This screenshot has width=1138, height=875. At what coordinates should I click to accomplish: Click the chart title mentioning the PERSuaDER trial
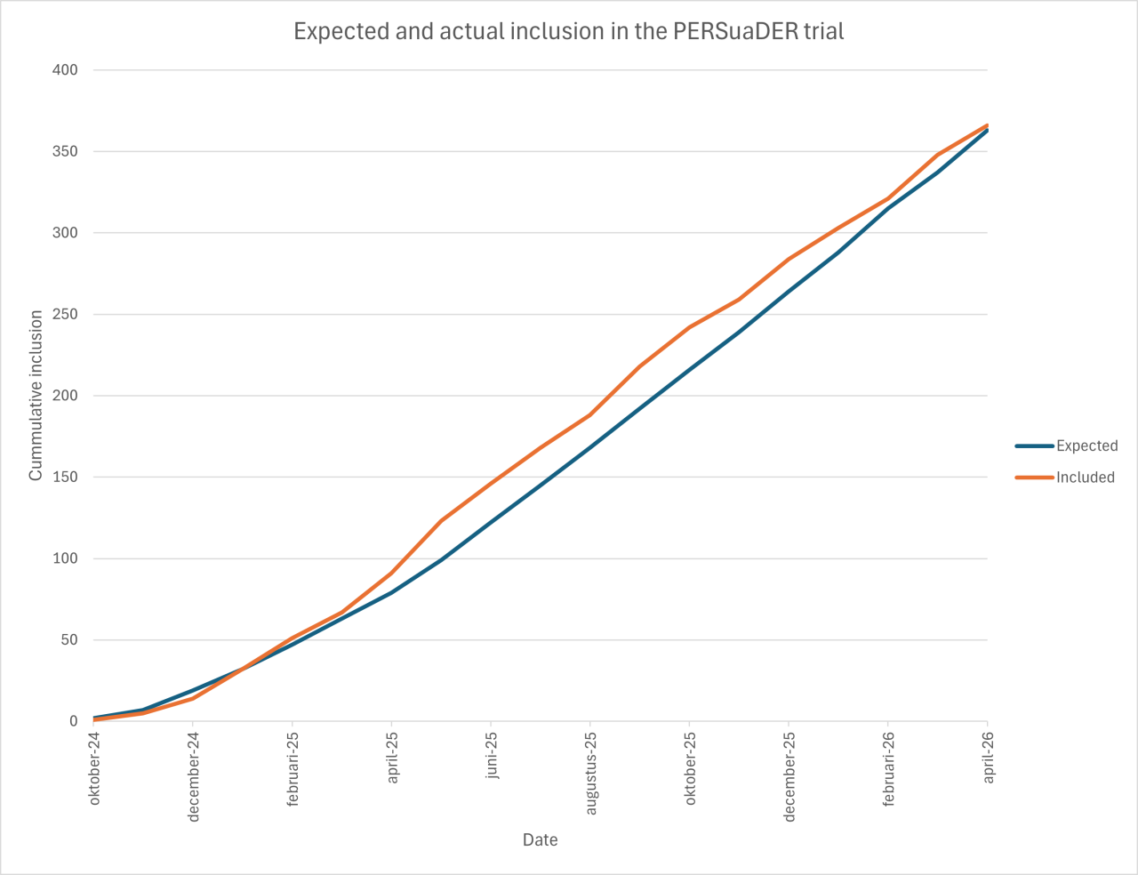click(x=569, y=31)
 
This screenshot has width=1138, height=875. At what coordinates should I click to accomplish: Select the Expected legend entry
click(x=1086, y=446)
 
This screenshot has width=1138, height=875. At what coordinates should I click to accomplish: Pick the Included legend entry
click(x=1085, y=478)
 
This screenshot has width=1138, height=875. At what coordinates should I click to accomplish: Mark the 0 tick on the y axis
click(x=74, y=721)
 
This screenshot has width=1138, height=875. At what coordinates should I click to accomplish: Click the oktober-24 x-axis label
click(x=94, y=768)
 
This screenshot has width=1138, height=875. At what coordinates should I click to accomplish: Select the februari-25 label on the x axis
click(x=293, y=769)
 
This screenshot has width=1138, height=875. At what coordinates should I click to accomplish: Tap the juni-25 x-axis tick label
click(x=492, y=756)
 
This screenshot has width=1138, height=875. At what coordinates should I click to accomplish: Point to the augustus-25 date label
click(x=590, y=773)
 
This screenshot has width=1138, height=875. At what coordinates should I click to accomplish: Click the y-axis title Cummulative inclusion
click(x=36, y=396)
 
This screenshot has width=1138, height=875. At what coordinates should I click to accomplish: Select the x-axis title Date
click(x=541, y=840)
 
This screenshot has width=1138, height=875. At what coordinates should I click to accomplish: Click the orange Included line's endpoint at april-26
click(x=987, y=125)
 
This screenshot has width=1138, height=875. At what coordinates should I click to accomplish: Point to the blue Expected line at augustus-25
click(x=590, y=447)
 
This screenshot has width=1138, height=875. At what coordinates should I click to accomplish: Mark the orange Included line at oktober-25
click(x=690, y=327)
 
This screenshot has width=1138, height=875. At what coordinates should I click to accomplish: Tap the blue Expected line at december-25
click(x=789, y=291)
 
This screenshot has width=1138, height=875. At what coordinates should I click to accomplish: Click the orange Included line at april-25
click(x=392, y=573)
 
